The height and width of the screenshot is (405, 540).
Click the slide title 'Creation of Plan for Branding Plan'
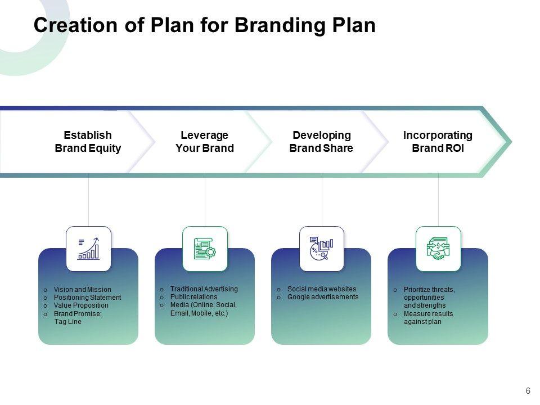pos(204,26)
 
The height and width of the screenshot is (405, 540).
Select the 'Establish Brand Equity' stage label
pos(88,142)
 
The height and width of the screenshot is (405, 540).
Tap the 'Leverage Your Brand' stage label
pos(205,142)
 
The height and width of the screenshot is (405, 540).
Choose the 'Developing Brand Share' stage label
pos(321,142)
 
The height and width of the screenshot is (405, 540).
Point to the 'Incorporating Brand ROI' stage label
pos(438,142)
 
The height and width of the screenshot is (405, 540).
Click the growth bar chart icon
pos(89,249)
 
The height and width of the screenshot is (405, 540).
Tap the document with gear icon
pos(205,249)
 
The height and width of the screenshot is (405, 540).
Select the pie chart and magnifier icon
pos(322,249)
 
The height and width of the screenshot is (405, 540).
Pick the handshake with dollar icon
pos(438,249)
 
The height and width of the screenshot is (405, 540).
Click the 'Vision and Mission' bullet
pos(82,290)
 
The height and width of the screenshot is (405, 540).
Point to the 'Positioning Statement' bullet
pos(87,298)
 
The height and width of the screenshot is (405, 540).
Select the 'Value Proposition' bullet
pos(81,305)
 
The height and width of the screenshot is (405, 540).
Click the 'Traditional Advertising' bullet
pos(204,289)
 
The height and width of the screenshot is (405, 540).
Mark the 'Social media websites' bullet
pos(322,289)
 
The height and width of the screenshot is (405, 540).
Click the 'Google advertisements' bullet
pos(323,297)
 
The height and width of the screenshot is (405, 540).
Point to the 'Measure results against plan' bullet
pos(427,318)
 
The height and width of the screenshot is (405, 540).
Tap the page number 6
pos(528,391)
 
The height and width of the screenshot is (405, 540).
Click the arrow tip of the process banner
pos(508,141)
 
